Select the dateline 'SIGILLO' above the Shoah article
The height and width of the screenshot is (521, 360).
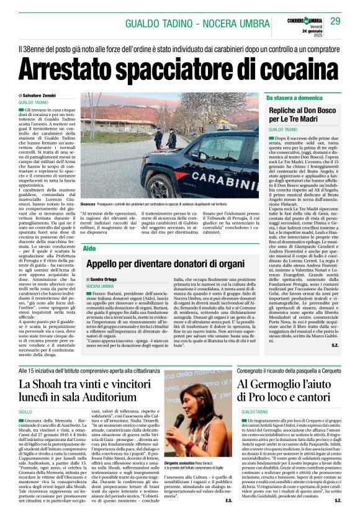[x=25, y=411]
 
